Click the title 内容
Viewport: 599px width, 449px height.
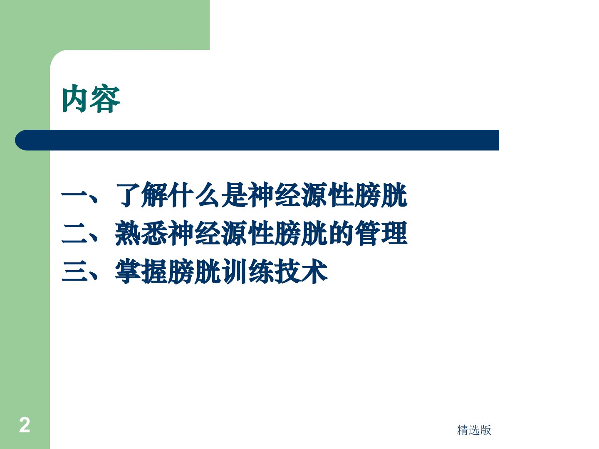click(91, 99)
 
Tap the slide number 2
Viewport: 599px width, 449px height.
click(24, 425)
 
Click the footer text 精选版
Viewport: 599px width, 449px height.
click(474, 430)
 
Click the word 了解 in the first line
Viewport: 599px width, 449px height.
click(141, 195)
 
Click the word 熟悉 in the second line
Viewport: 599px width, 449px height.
click(141, 233)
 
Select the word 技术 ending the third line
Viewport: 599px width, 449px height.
click(301, 271)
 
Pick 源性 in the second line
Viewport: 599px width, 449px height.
click(248, 233)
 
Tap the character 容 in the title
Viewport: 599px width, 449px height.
click(106, 99)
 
